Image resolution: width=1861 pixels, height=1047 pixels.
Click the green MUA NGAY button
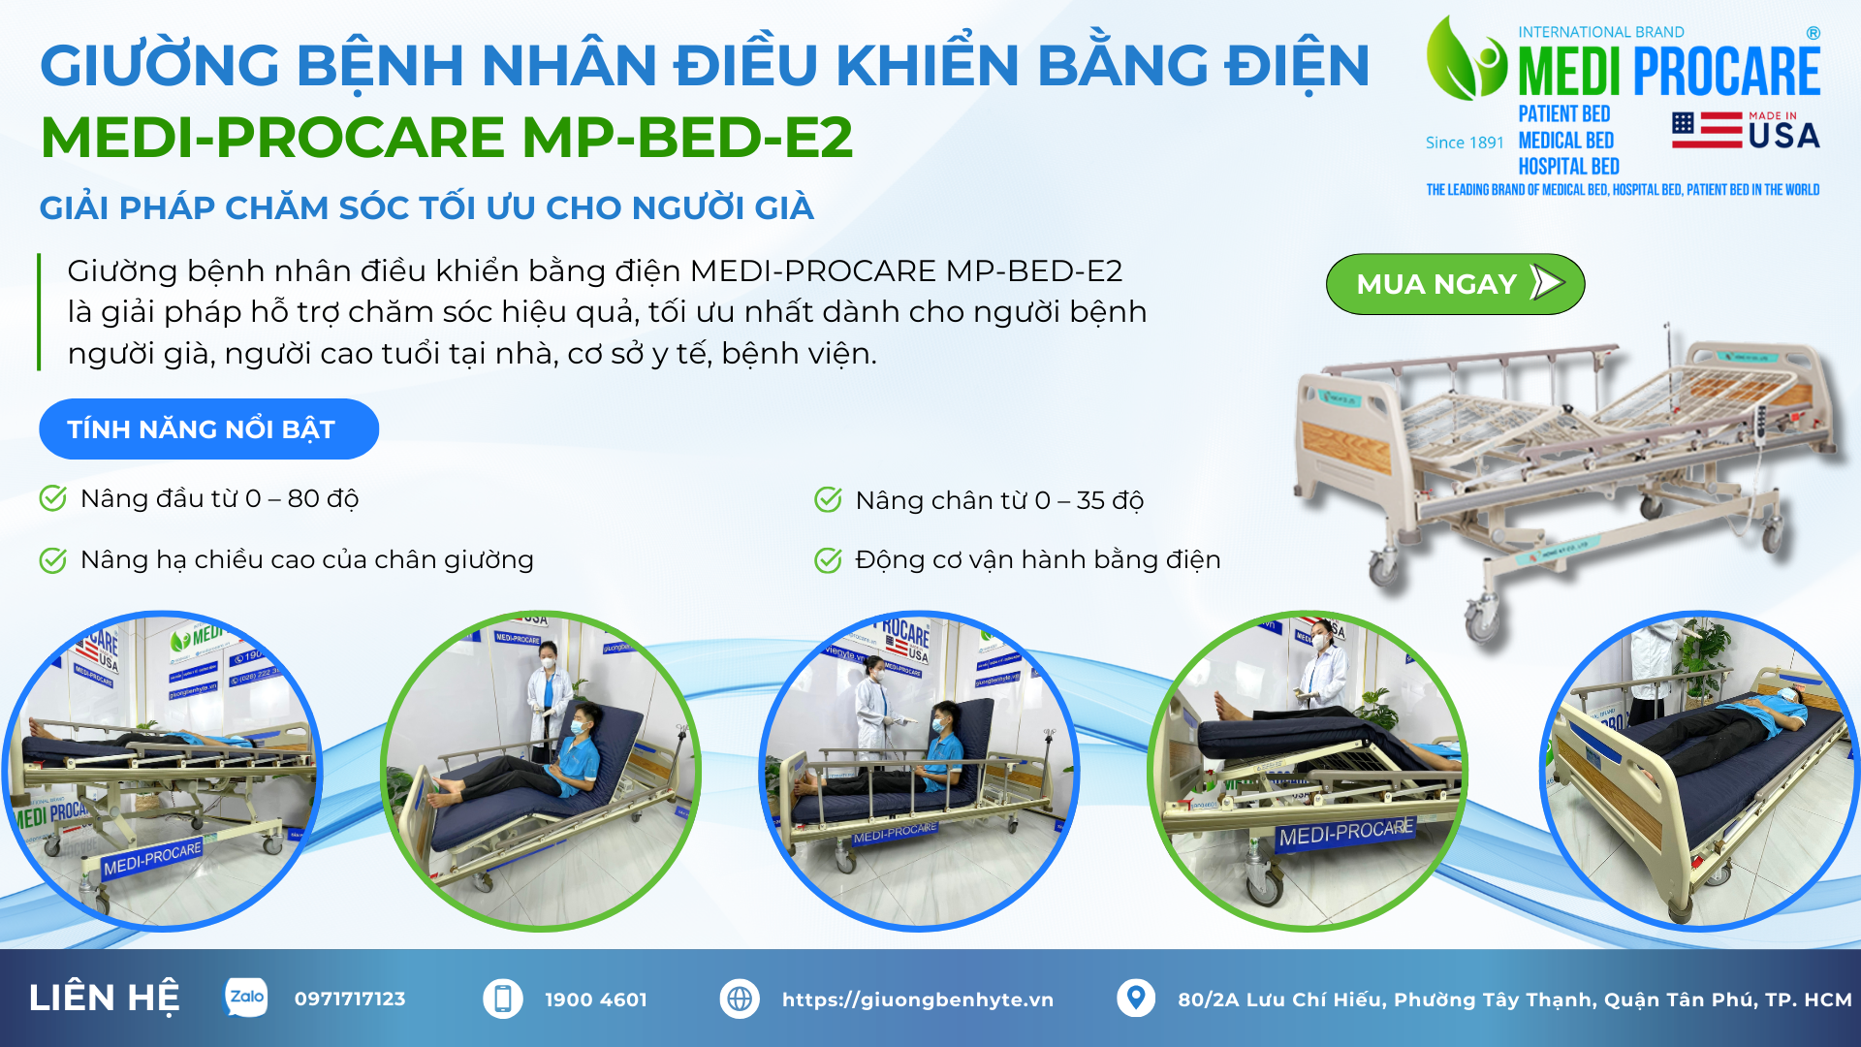1455,284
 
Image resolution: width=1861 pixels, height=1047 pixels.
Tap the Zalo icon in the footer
246,998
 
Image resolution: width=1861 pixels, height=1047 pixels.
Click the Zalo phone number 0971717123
350,999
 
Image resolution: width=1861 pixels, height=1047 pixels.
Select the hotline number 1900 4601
596,999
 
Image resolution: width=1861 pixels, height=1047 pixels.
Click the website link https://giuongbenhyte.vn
918,999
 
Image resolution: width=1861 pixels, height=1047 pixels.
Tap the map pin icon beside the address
1136,998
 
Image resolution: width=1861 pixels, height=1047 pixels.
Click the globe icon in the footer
740,999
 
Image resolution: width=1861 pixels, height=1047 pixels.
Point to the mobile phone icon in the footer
503,999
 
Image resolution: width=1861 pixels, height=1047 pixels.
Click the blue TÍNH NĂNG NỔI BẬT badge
208,428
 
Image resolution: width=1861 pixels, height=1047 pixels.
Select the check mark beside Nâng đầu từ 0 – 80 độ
52,498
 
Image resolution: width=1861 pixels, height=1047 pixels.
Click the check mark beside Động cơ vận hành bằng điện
828,560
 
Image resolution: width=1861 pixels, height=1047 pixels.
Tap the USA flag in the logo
1707,130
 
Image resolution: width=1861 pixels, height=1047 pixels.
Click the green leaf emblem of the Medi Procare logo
1465,58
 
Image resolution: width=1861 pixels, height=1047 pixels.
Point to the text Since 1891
1465,143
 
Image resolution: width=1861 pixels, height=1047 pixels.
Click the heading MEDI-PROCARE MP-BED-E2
447,137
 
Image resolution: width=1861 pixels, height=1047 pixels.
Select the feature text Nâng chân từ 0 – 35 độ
999,500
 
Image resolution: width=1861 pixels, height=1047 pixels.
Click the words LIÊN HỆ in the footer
105,999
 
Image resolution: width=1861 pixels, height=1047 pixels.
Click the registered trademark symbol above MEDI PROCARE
1814,33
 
